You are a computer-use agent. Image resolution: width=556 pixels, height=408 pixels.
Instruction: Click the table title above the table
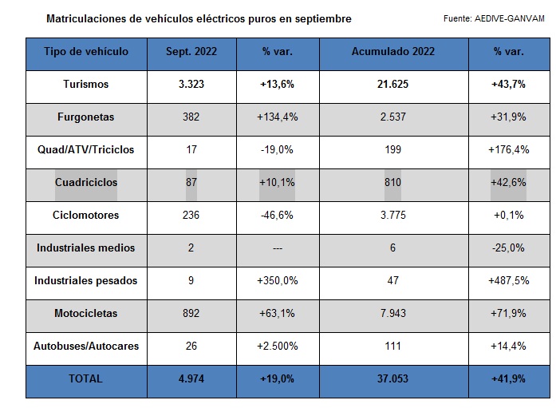click(x=199, y=18)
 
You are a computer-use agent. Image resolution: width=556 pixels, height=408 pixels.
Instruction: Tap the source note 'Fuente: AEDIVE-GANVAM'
click(x=493, y=18)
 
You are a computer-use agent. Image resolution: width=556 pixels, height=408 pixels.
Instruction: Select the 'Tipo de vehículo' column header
click(x=86, y=52)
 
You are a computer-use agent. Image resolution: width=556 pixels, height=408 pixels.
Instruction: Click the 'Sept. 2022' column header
click(x=191, y=52)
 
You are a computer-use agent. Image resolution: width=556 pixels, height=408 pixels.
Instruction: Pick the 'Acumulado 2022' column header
click(x=392, y=52)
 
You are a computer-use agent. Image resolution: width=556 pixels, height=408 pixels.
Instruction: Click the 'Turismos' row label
click(x=86, y=84)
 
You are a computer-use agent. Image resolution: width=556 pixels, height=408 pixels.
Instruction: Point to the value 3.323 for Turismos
click(x=191, y=84)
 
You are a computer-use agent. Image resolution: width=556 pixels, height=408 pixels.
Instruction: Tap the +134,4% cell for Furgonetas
click(x=277, y=117)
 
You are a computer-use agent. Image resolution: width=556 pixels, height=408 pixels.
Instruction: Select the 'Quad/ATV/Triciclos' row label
click(x=86, y=149)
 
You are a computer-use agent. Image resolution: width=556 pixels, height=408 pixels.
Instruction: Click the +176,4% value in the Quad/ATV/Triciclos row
click(x=508, y=149)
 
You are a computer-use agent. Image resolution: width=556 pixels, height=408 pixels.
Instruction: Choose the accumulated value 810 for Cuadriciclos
click(x=392, y=182)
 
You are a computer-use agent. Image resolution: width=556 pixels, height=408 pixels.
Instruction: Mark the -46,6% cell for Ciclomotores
click(x=277, y=215)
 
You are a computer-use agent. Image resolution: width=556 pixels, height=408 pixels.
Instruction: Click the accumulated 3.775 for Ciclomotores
click(x=392, y=215)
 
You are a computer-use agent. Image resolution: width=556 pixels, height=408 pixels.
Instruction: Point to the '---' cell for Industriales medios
click(x=277, y=248)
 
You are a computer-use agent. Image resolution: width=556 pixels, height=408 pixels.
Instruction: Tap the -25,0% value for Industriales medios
click(x=508, y=248)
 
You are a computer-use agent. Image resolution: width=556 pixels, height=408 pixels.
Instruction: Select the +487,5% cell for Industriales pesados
click(x=508, y=280)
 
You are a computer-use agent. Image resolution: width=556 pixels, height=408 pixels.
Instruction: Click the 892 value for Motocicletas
click(x=191, y=313)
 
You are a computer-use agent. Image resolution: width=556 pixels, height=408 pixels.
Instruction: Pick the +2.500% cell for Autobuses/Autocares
click(x=277, y=346)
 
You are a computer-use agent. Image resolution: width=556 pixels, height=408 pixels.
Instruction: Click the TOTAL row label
click(x=86, y=378)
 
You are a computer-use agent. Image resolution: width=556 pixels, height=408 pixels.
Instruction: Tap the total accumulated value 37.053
click(x=392, y=378)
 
